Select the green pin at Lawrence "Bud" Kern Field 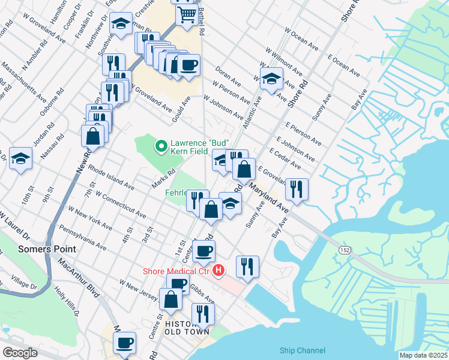pos(160,146)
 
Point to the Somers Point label pos(46,249)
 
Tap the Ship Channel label pos(303,350)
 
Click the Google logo pos(20,353)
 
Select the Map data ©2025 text pos(423,355)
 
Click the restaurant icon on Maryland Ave pos(297,188)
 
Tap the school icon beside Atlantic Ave pos(271,78)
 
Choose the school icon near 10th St pos(20,158)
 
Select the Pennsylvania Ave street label pos(82,238)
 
